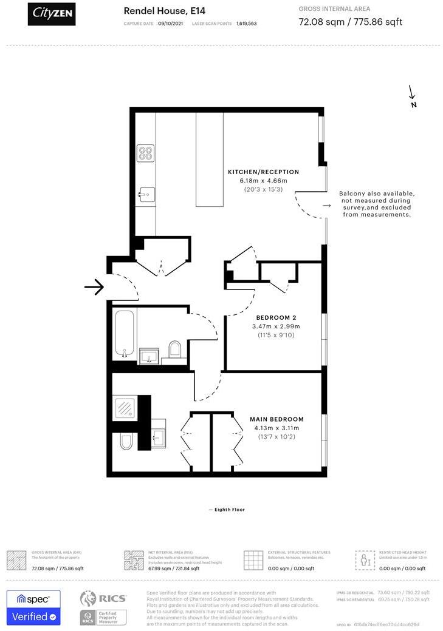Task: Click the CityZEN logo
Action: pyautogui.click(x=52, y=13)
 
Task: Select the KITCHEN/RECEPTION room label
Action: pyautogui.click(x=263, y=172)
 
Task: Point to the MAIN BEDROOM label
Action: pyautogui.click(x=276, y=419)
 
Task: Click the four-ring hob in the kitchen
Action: pyautogui.click(x=145, y=153)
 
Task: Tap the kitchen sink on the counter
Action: pyautogui.click(x=146, y=194)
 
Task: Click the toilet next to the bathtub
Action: pyautogui.click(x=175, y=349)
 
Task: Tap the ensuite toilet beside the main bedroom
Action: pyautogui.click(x=125, y=443)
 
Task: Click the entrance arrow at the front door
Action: pyautogui.click(x=94, y=287)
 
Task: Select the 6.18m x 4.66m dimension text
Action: pyautogui.click(x=263, y=181)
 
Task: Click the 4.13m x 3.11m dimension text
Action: pyautogui.click(x=276, y=428)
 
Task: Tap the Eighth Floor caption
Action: pyautogui.click(x=229, y=510)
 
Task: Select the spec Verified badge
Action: pyautogui.click(x=33, y=607)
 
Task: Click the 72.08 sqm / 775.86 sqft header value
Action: pyautogui.click(x=351, y=22)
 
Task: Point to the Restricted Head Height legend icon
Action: pyautogui.click(x=365, y=559)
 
